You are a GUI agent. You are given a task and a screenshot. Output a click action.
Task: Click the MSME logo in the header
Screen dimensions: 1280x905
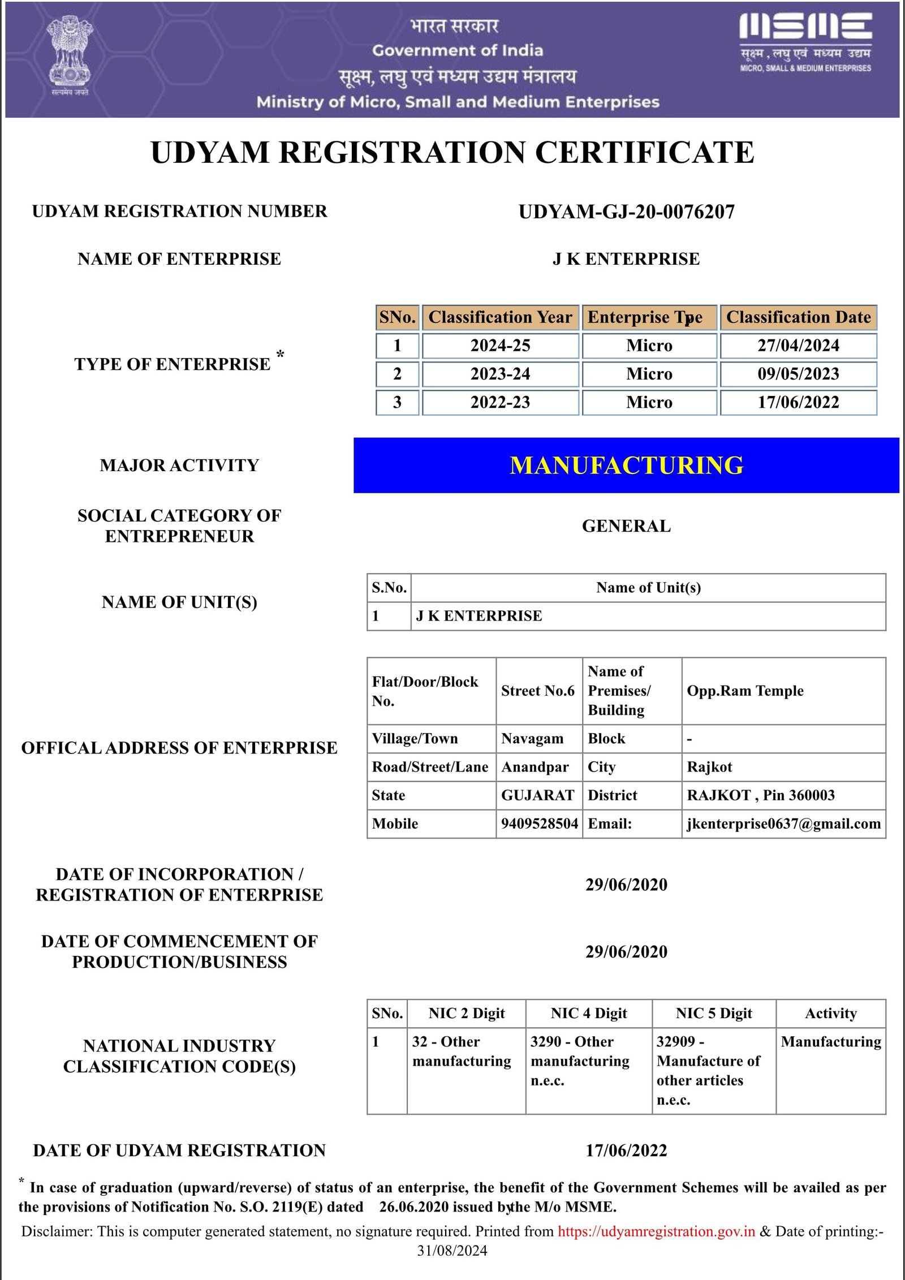[x=805, y=42]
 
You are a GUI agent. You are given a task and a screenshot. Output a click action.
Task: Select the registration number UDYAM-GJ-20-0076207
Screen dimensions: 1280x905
[x=626, y=212]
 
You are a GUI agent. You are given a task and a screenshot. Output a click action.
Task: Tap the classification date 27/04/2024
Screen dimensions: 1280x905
[x=798, y=346]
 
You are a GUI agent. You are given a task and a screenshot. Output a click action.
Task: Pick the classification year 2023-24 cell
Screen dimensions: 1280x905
[x=500, y=374]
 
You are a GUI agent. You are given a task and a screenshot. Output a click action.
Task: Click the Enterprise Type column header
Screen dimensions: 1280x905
[x=649, y=317]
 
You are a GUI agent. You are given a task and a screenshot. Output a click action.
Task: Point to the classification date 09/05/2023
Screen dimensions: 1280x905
[x=798, y=374]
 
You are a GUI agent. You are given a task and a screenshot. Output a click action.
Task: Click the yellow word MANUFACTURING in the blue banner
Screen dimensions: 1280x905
[x=626, y=466]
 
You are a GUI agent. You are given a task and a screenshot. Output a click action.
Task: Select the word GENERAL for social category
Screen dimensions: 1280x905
[x=626, y=526]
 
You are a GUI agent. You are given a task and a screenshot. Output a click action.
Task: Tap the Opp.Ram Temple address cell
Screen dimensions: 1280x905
[x=745, y=691]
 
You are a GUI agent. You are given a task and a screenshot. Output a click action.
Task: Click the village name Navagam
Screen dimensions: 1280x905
[x=532, y=739]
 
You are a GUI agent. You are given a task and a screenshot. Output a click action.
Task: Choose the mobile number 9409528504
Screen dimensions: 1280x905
[x=539, y=824]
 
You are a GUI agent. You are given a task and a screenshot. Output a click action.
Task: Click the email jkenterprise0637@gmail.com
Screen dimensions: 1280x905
[x=783, y=824]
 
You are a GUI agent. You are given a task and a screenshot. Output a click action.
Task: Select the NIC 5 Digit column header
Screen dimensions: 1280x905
[x=714, y=1013]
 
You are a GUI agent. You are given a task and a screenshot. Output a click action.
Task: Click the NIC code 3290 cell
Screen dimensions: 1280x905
[x=580, y=1061]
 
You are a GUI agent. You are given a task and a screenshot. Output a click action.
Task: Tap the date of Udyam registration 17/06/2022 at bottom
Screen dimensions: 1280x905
[x=626, y=1150]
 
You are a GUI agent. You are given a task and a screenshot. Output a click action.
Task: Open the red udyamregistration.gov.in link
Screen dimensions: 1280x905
[x=656, y=1231]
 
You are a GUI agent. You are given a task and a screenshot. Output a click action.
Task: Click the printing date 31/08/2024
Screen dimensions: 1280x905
[x=452, y=1251]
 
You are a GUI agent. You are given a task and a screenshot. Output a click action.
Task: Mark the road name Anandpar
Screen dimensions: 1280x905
[x=535, y=767]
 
